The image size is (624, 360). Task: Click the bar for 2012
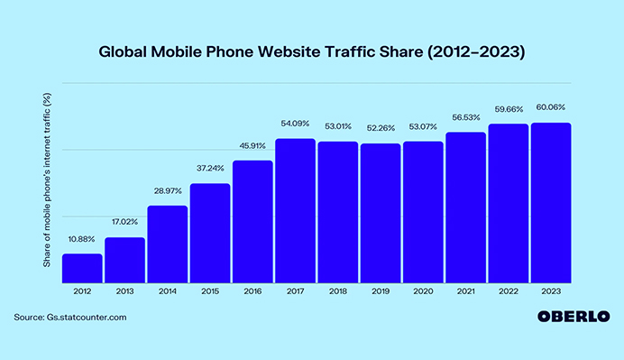pyautogui.click(x=82, y=268)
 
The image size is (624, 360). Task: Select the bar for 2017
pyautogui.click(x=296, y=210)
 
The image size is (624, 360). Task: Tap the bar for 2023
pyautogui.click(x=551, y=202)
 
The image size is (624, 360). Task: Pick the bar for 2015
pyautogui.click(x=210, y=233)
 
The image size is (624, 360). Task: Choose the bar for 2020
pyautogui.click(x=423, y=211)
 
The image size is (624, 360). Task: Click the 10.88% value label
pyautogui.click(x=82, y=239)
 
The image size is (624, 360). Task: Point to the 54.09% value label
pyautogui.click(x=295, y=124)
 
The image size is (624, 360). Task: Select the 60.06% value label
pyautogui.click(x=551, y=107)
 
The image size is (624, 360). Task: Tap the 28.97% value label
pyautogui.click(x=168, y=190)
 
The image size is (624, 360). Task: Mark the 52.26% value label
pyautogui.click(x=381, y=128)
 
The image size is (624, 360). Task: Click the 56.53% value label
pyautogui.click(x=466, y=116)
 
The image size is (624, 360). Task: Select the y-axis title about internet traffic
pyautogui.click(x=47, y=186)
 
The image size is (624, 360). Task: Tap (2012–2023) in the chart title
pyautogui.click(x=476, y=51)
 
